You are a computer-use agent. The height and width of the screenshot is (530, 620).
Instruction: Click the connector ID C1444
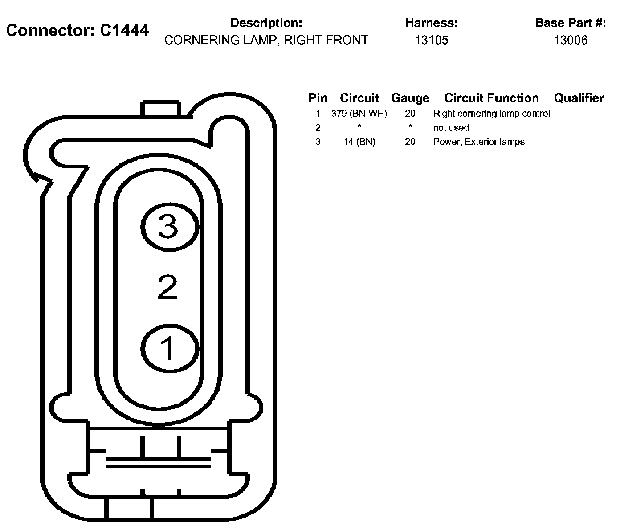(x=124, y=30)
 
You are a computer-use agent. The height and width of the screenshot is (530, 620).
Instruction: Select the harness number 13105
(x=431, y=40)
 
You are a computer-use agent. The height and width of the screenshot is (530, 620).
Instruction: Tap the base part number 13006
(x=571, y=40)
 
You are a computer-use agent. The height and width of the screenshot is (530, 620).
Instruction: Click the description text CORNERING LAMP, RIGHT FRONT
(x=266, y=40)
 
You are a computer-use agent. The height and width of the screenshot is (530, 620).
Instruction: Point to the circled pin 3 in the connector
(x=169, y=227)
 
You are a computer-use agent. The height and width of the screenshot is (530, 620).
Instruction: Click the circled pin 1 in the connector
(x=169, y=349)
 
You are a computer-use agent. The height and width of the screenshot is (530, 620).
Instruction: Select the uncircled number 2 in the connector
(x=167, y=287)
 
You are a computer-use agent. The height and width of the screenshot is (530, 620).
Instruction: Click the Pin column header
(x=318, y=98)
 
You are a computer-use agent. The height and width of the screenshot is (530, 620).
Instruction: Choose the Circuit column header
(x=359, y=98)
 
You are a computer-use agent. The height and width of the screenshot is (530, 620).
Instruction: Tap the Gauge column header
(x=410, y=98)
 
